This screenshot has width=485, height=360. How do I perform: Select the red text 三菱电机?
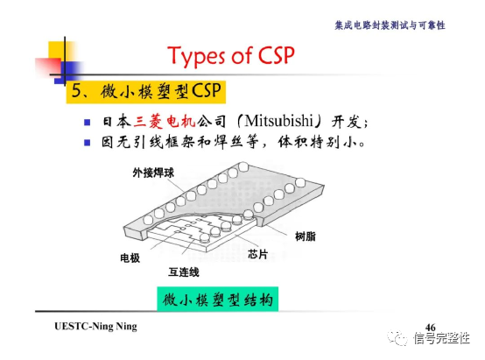tap(165, 121)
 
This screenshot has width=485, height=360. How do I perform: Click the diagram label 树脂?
tap(306, 236)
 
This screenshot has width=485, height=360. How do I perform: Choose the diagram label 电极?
tap(130, 258)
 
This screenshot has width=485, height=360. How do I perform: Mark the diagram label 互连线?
tap(183, 272)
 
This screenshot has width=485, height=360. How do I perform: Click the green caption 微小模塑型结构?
tap(218, 299)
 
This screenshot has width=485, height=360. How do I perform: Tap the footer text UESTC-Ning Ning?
tap(95, 327)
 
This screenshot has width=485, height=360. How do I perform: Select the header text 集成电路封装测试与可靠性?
tap(390, 25)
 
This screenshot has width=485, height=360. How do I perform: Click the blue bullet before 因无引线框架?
tap(87, 141)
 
